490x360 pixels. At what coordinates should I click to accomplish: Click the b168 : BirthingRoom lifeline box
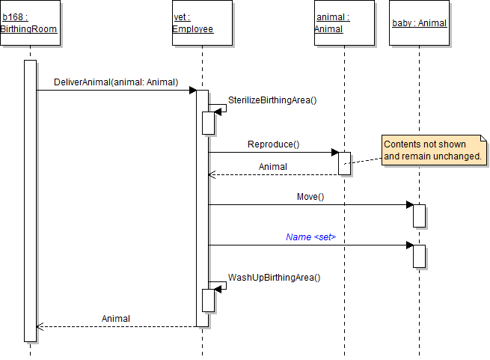tap(29, 23)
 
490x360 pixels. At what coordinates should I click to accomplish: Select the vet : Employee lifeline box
tap(194, 23)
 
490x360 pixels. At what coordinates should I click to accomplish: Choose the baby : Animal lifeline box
tap(419, 23)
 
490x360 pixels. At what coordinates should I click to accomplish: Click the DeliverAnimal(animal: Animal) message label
tap(116, 82)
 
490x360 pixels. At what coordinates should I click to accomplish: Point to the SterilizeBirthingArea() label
tap(272, 100)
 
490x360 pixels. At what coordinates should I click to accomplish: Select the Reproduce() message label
tap(273, 144)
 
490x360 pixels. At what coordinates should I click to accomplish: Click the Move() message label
tap(310, 197)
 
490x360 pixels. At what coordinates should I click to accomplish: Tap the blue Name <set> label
tap(310, 237)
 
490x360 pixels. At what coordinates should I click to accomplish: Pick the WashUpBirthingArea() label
tap(274, 277)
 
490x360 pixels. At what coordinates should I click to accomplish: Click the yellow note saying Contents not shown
tap(432, 150)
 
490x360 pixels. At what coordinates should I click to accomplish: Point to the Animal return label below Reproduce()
tap(273, 166)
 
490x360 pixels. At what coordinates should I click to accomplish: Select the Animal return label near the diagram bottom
tap(116, 318)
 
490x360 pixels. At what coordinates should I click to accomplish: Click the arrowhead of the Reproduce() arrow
tap(335, 152)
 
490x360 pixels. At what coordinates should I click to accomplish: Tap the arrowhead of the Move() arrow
tap(410, 204)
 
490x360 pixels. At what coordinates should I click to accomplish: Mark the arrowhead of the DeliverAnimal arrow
tap(192, 90)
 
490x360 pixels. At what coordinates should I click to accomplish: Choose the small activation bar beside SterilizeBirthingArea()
tap(209, 123)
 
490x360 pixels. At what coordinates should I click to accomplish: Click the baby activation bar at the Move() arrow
tap(420, 216)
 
